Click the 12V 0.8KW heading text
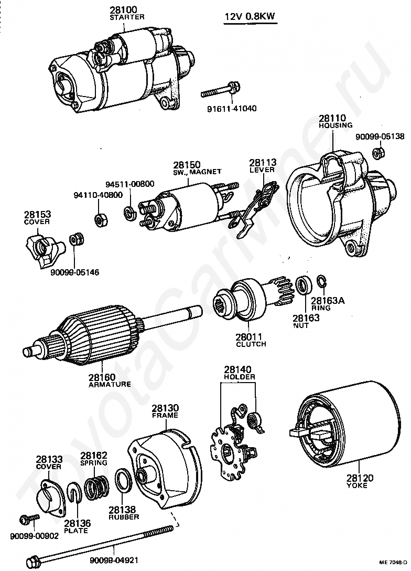[x=250, y=17]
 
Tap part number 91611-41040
[x=232, y=108]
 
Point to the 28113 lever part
[x=257, y=210]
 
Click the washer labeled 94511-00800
[x=129, y=212]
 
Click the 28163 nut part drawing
[x=304, y=285]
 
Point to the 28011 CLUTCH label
[x=251, y=340]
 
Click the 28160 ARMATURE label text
[x=110, y=380]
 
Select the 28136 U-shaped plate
[x=74, y=493]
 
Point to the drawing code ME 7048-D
[x=394, y=562]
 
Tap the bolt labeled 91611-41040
[x=220, y=90]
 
